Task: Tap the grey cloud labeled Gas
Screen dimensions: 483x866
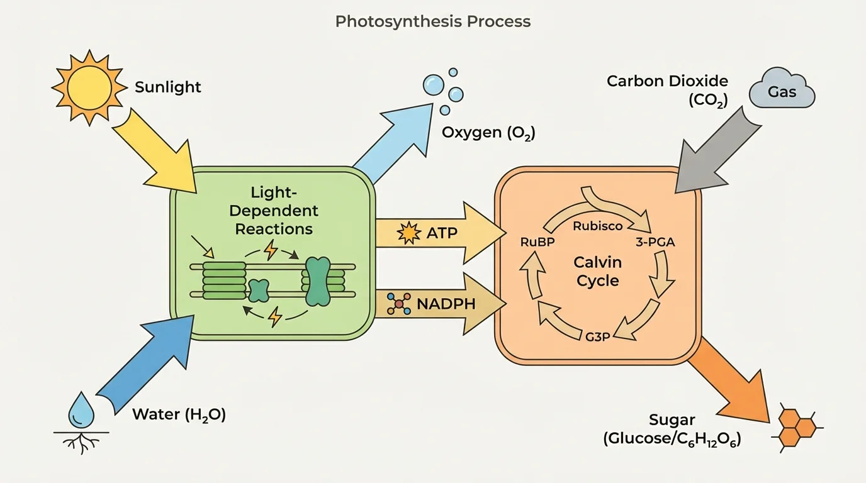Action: point(782,92)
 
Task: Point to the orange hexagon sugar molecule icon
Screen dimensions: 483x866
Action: point(797,426)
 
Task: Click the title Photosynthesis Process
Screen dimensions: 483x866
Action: point(432,21)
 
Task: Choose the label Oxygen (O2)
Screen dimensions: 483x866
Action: point(488,133)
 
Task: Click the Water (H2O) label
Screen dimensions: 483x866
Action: point(179,415)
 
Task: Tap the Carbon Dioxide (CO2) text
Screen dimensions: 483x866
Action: point(667,90)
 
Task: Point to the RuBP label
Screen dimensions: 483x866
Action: point(537,242)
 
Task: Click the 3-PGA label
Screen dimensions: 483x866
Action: point(656,242)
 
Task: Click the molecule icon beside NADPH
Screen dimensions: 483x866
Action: point(399,304)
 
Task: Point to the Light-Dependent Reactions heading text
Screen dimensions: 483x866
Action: point(274,210)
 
